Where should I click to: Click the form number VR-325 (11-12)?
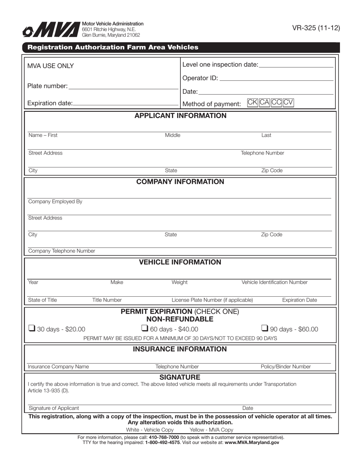(316, 28)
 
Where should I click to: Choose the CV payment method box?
(288, 103)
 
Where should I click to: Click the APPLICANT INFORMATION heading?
(180, 116)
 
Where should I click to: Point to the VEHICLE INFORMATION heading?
(180, 262)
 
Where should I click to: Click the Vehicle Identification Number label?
(274, 282)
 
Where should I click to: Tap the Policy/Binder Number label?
(286, 367)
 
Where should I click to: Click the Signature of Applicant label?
(54, 408)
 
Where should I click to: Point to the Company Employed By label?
(55, 202)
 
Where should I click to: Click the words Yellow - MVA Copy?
(211, 430)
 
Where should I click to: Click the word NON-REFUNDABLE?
(180, 319)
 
